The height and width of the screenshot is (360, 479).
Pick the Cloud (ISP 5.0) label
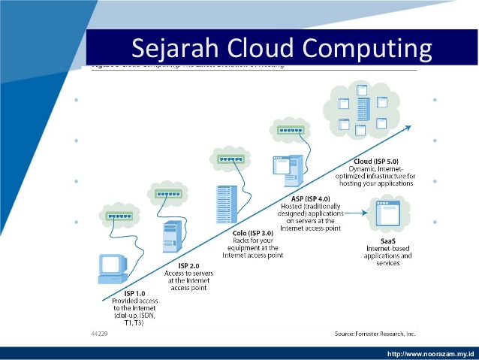click(x=381, y=162)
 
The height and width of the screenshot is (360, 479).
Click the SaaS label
click(x=387, y=239)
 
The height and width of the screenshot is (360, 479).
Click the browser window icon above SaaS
click(x=389, y=213)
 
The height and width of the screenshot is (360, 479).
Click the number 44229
click(x=99, y=331)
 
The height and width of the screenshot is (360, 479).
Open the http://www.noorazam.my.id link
click(x=430, y=353)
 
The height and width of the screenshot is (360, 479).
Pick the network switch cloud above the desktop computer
click(x=119, y=216)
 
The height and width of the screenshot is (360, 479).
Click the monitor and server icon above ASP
click(x=288, y=169)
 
